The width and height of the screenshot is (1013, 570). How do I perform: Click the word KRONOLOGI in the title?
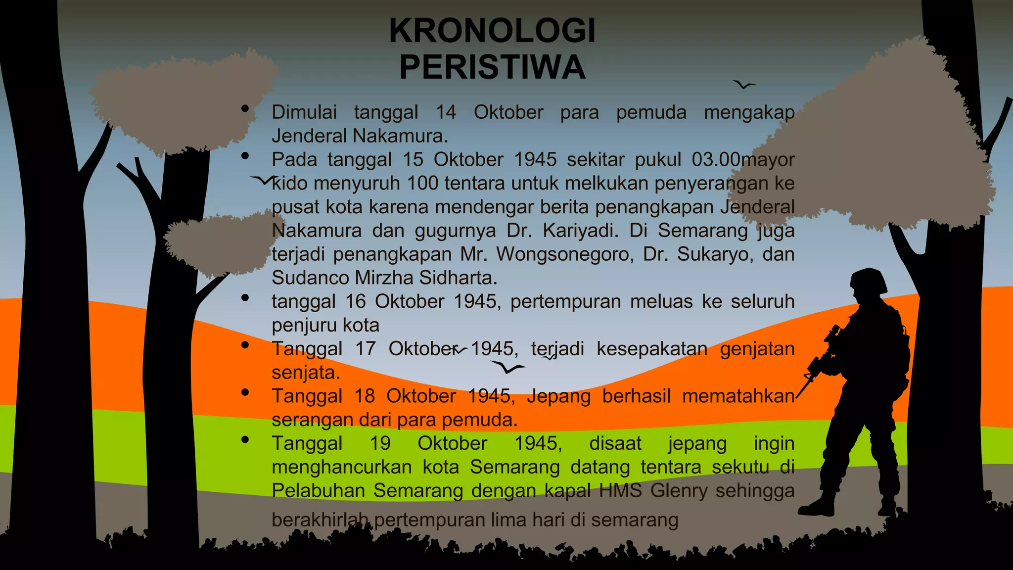(492, 31)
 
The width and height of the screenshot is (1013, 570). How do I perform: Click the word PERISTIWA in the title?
(492, 67)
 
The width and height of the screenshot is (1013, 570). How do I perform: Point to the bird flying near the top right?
(743, 85)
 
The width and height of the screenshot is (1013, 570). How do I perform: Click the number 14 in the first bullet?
(446, 112)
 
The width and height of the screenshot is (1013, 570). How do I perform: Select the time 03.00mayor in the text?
(743, 160)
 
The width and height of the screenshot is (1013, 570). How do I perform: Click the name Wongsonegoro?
(565, 254)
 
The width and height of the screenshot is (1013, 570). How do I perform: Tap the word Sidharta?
(458, 278)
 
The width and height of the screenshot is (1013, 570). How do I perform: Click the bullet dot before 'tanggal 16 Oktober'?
(245, 298)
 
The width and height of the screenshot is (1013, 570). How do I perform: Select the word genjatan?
(757, 349)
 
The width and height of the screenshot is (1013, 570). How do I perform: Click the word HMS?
(620, 491)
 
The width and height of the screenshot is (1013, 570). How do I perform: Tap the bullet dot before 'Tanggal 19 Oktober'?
(245, 439)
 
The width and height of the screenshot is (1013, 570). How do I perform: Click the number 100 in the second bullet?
(422, 184)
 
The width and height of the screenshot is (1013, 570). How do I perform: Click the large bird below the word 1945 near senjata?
(507, 368)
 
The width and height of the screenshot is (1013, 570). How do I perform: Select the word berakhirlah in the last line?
(320, 520)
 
